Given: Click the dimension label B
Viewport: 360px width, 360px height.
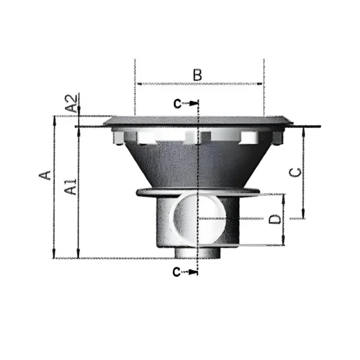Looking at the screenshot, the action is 197,74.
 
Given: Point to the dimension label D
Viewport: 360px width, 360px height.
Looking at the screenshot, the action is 275,219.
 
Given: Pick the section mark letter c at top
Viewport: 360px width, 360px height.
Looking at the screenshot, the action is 178,104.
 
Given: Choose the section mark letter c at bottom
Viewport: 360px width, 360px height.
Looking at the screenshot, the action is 176,272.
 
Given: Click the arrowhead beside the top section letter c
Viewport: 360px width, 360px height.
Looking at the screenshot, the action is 194,104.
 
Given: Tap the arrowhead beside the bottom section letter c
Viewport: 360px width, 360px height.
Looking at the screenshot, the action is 193,272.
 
